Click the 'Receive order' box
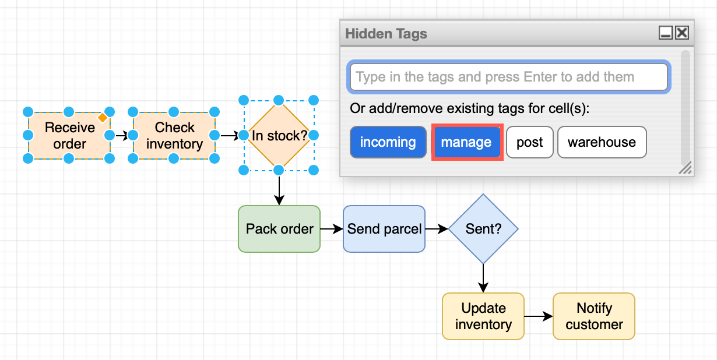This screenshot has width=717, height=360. [x=69, y=135]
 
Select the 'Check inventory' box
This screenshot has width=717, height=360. [x=174, y=135]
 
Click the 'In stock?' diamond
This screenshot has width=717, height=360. [x=279, y=136]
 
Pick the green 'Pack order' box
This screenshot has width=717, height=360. [x=279, y=229]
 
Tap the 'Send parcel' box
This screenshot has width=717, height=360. [x=384, y=229]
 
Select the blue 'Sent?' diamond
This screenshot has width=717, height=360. [x=483, y=229]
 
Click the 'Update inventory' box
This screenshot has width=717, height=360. [x=483, y=316]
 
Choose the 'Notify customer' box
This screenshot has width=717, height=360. [x=593, y=316]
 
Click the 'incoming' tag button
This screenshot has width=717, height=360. [x=388, y=142]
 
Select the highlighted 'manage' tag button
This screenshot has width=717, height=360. [x=466, y=142]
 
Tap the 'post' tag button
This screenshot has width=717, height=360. [x=529, y=142]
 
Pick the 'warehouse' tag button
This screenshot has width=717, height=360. [x=602, y=142]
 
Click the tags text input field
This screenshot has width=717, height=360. [x=508, y=77]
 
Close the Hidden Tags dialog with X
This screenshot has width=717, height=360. [x=681, y=33]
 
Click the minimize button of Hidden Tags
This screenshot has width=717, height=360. [x=666, y=33]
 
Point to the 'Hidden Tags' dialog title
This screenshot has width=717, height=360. [x=386, y=34]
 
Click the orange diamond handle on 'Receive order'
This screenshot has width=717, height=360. [x=103, y=118]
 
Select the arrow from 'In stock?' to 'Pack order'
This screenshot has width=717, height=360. [x=279, y=189]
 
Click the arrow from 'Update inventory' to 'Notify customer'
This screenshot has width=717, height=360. [x=538, y=316]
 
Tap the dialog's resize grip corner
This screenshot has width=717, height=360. [x=686, y=169]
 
